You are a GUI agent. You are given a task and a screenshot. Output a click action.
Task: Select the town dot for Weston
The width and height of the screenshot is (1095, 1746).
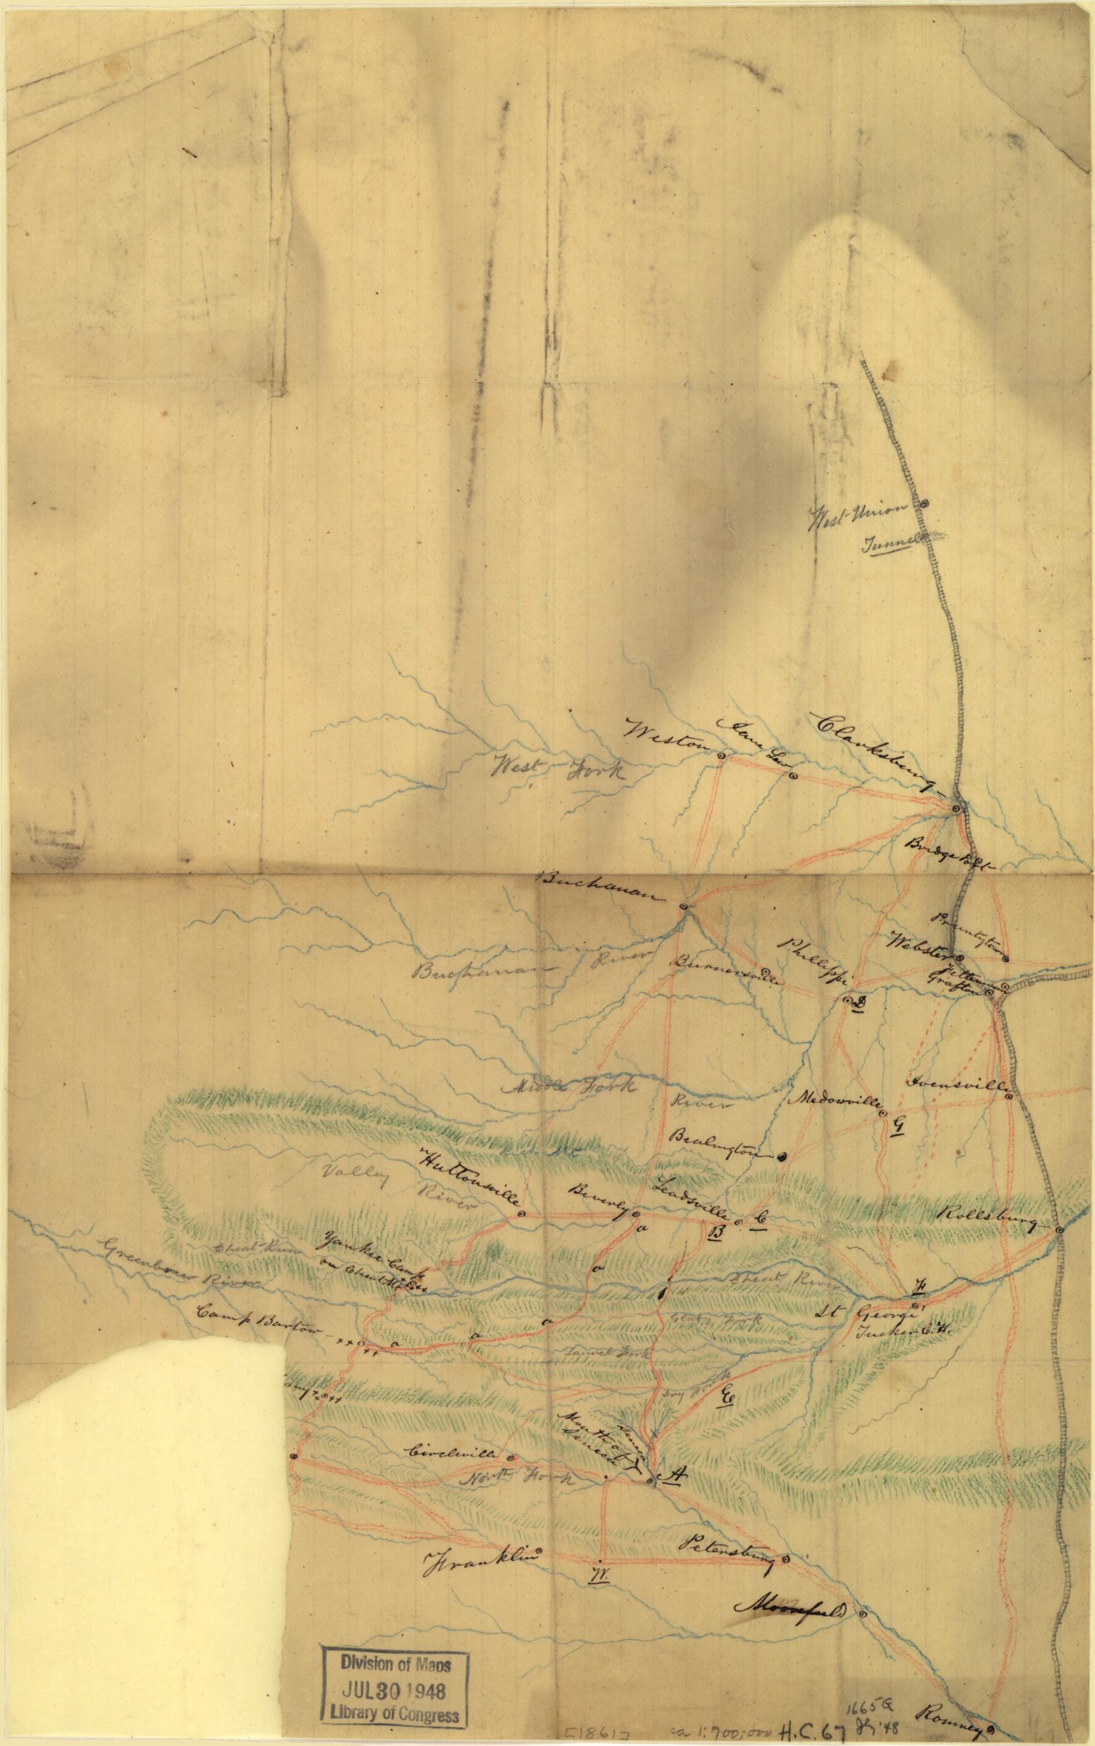pos(722,755)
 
